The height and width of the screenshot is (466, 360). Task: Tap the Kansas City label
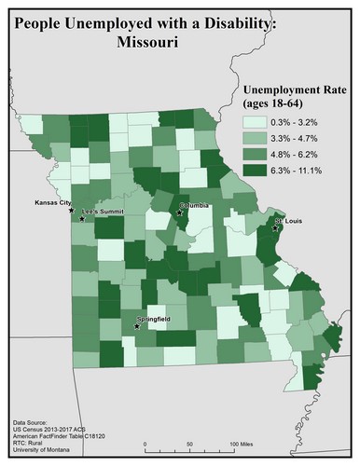(53, 202)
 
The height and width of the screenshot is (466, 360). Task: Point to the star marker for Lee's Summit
(81, 218)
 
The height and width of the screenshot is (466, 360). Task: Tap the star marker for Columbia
(180, 212)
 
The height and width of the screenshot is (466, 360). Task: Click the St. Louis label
(286, 222)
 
